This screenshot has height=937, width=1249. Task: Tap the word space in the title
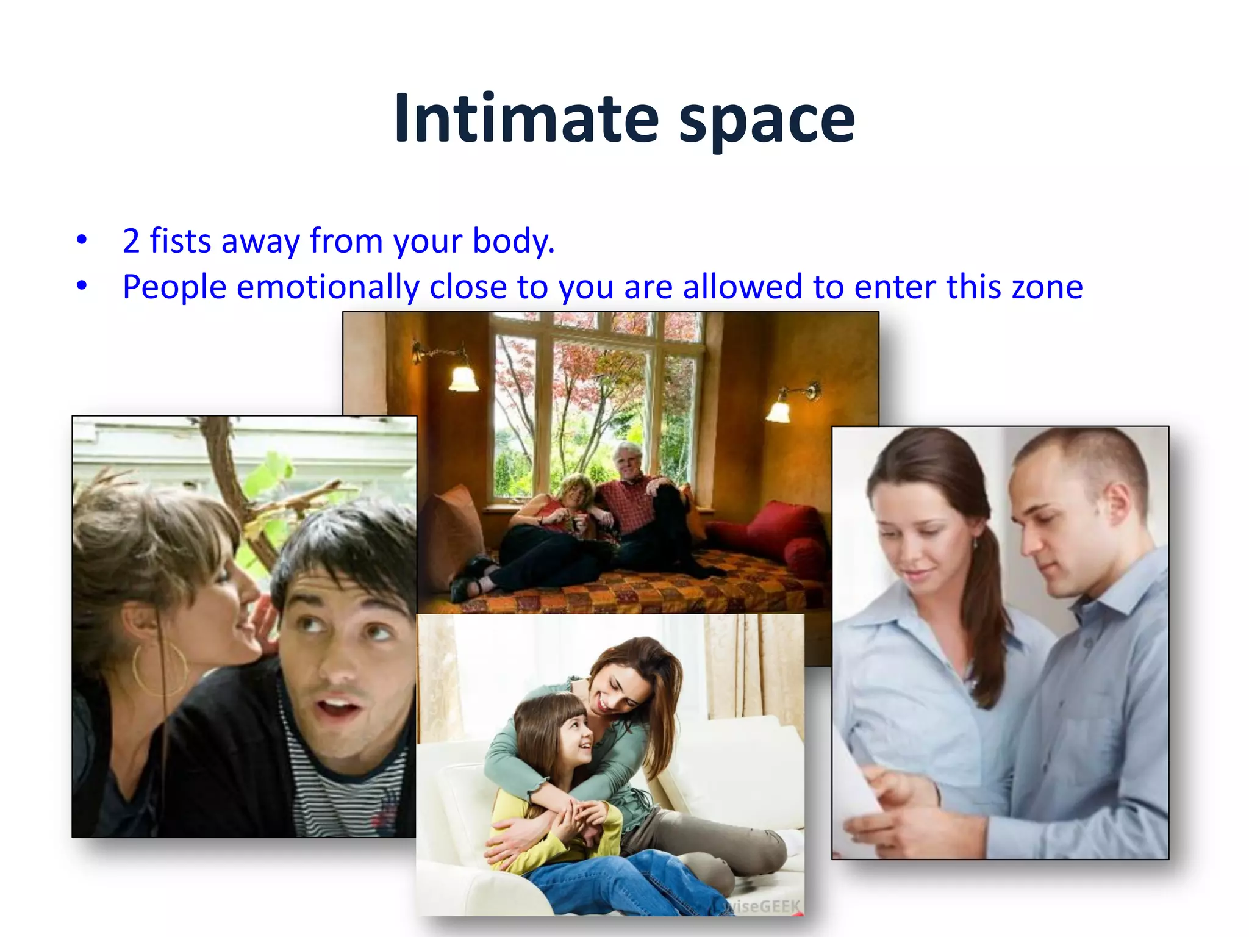767,121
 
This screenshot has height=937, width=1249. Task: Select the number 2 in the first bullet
131,240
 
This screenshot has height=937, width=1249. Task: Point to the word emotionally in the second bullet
328,287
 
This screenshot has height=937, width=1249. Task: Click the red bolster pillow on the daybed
802,553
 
